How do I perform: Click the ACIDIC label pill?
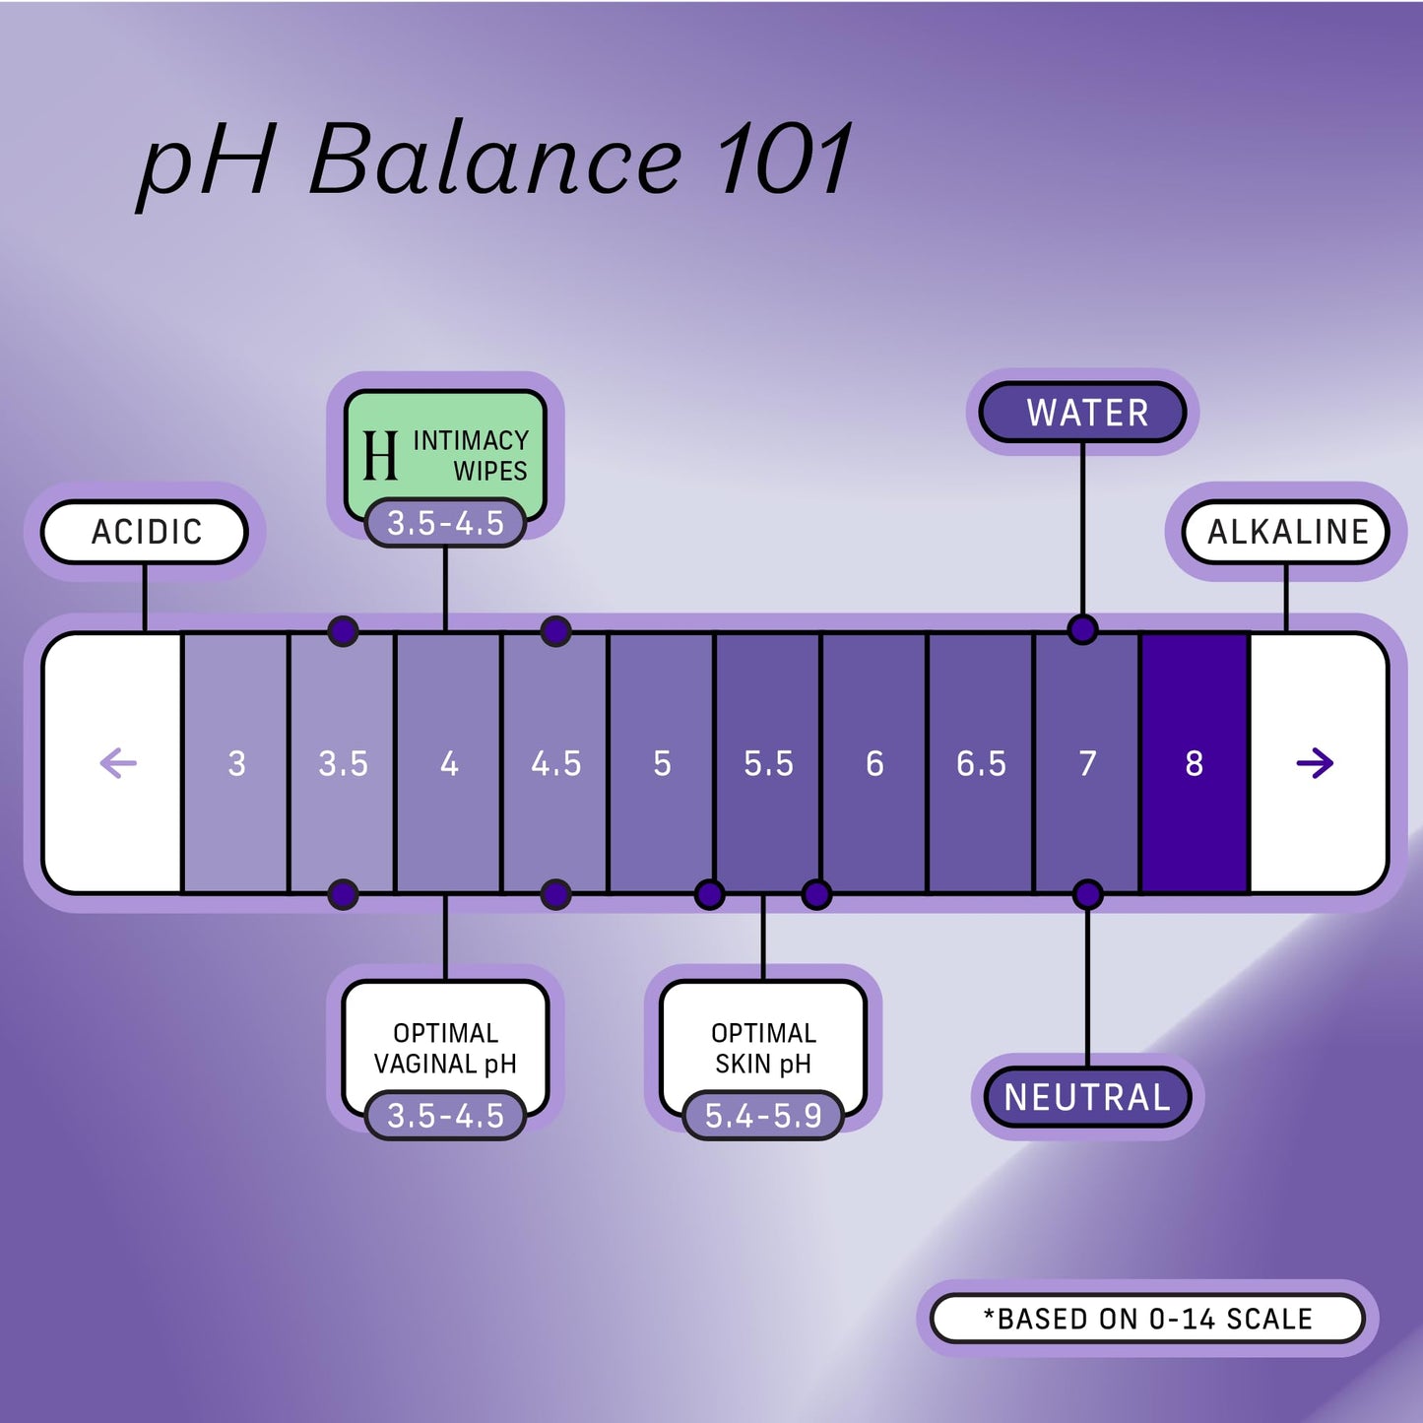point(145,532)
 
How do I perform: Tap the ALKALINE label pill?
point(1286,532)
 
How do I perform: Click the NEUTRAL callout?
point(1087,1097)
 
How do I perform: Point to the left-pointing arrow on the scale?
point(118,763)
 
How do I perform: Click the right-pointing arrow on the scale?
point(1315,763)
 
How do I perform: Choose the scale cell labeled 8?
point(1194,763)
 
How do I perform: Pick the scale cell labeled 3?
point(236,763)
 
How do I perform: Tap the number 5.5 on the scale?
point(768,763)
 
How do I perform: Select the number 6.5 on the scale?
point(981,763)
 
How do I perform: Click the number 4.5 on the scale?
point(555,763)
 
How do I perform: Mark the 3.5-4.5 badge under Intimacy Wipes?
point(445,523)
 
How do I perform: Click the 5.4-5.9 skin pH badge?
point(763,1116)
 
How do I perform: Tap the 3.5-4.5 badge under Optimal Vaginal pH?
point(445,1116)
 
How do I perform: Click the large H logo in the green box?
point(380,456)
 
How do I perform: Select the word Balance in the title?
point(494,161)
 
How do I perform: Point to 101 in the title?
point(785,161)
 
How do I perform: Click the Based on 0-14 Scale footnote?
point(1148,1319)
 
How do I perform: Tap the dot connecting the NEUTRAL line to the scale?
point(1087,894)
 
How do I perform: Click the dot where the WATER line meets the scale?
point(1082,629)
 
